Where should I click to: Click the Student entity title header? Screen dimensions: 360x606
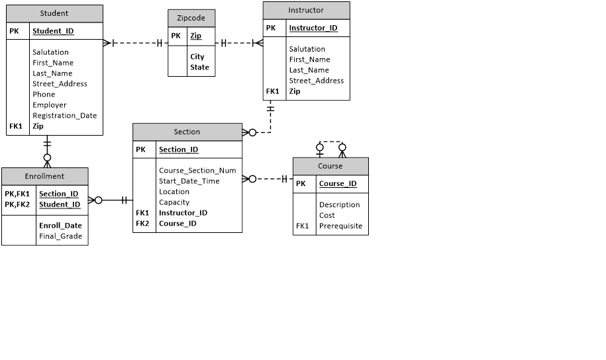point(54,13)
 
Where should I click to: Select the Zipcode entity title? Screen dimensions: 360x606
point(191,18)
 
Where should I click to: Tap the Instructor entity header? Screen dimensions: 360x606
point(306,10)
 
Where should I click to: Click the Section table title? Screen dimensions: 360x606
point(187,132)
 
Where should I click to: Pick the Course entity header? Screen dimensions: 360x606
point(330,166)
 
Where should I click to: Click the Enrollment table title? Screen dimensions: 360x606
point(44,176)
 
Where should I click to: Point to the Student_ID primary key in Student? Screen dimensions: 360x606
point(53,30)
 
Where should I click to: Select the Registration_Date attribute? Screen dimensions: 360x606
point(64,115)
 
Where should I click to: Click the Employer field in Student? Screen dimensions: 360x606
point(49,105)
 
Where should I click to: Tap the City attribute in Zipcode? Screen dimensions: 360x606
point(197,57)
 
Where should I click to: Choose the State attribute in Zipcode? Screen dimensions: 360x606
point(199,67)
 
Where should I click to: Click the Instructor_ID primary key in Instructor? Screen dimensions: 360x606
point(313,28)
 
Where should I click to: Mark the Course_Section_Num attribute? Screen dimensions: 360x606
point(197,170)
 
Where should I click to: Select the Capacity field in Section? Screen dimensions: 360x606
point(174,202)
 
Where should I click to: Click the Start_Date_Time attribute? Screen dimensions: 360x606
point(189,181)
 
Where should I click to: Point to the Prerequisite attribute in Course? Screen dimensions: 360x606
point(340,226)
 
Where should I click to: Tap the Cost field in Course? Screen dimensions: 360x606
point(327,215)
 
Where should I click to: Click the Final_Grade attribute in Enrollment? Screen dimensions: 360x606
point(60,236)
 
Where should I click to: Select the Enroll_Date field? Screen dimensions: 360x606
point(60,225)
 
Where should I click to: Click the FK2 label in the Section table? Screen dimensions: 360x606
point(142,223)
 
